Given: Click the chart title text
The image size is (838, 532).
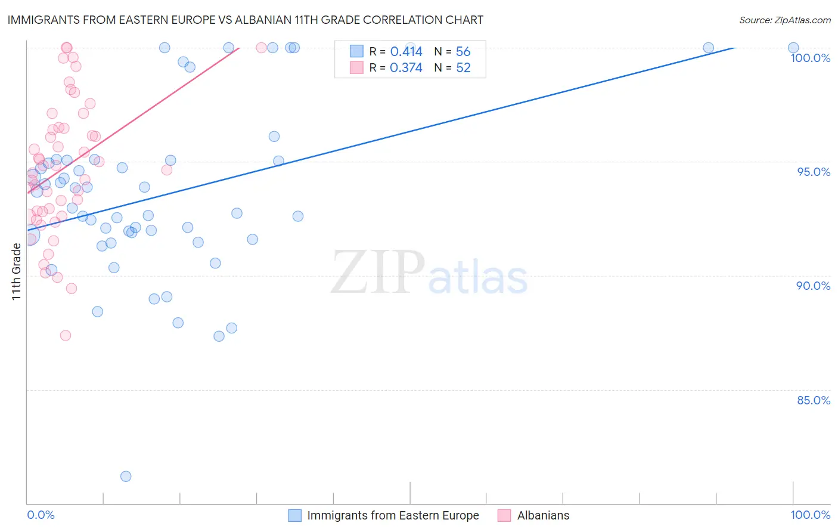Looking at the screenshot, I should coord(245,20).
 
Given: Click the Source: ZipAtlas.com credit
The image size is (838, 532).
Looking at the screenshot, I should coord(784,20).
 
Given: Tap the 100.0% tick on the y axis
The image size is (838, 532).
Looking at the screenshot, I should coord(810,58).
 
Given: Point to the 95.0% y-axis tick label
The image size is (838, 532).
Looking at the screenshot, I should coord(814,172).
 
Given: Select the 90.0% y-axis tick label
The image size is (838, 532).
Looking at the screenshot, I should coord(813,286).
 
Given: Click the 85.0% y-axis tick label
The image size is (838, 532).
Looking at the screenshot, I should coord(814,400).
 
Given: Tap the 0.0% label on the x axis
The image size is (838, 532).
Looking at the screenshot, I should coord(41,515).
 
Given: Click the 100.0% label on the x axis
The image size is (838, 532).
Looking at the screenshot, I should coord(810,515).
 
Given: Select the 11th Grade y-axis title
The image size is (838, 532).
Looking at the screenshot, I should coord(16,271).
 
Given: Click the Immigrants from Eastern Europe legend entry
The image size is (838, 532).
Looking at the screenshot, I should coord(393,515).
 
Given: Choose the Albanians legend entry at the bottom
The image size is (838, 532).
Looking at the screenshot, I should coord(543,515).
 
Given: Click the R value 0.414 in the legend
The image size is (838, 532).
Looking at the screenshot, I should coord(406,52).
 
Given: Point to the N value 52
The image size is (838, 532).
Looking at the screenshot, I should coord(463,68).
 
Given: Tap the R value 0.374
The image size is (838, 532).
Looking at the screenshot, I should coord(406,68).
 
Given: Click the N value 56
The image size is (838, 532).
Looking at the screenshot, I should coord(463,52).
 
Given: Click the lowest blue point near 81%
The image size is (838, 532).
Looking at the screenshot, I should coord(126,476).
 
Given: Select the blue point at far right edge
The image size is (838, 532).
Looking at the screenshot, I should coord(793,48).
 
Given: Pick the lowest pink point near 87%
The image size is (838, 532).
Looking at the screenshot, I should coord(66,335).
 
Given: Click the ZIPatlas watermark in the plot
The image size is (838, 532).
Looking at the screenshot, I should coord(429,273).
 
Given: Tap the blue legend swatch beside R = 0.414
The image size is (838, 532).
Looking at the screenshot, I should coord(356,51).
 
